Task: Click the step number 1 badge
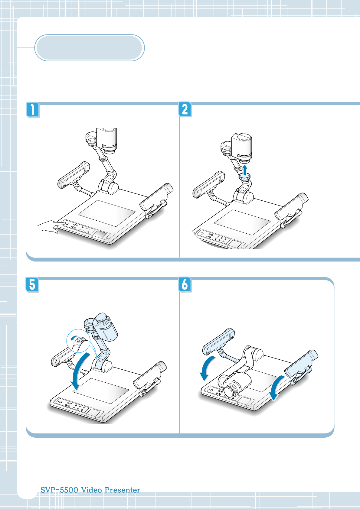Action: (x=33, y=110)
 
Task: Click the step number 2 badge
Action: (x=185, y=109)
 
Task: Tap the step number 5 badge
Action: (x=33, y=285)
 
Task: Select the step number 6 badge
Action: (x=185, y=285)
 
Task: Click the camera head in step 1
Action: (x=106, y=140)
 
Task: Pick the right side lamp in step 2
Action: (x=292, y=207)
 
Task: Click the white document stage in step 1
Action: (x=106, y=213)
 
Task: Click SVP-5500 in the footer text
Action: (x=59, y=490)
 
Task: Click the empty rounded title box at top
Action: (x=89, y=48)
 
